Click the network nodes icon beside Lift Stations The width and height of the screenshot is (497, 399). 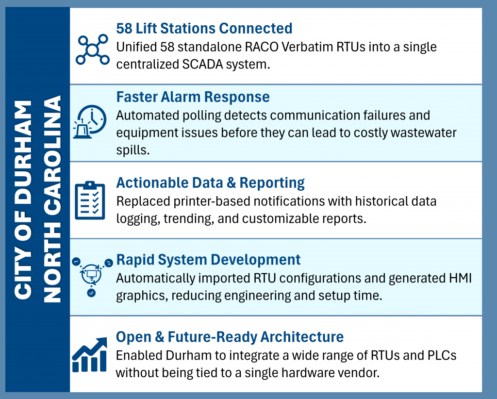93,50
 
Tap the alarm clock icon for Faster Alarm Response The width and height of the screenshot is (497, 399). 90,122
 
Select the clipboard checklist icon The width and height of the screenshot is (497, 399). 90,200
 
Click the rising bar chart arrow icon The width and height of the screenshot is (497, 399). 90,354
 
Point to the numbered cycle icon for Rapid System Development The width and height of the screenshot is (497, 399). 92,277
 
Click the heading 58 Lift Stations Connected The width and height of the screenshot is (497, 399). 204,28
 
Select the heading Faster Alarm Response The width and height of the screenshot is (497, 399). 193,97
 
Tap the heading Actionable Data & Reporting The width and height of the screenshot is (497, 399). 210,183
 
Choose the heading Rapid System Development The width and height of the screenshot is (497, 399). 208,260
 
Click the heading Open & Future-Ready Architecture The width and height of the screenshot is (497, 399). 230,337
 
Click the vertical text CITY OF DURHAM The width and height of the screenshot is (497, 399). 23,199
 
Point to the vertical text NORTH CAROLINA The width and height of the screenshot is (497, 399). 52,199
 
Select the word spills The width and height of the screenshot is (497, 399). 133,150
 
